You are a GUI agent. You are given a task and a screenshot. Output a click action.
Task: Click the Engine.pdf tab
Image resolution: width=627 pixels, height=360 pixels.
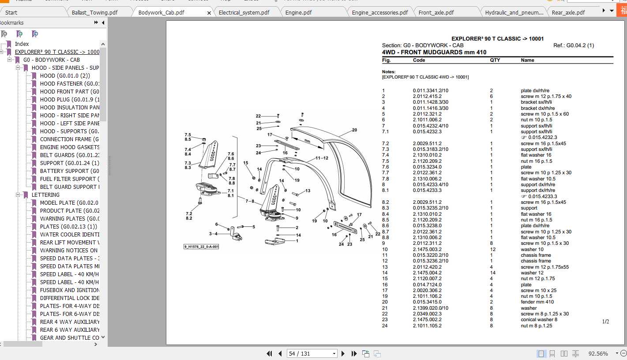(298, 12)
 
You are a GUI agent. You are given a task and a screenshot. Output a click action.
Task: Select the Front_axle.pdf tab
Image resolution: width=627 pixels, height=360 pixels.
(436, 12)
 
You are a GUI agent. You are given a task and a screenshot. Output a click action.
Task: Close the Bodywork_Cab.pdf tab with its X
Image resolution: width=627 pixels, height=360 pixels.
(209, 13)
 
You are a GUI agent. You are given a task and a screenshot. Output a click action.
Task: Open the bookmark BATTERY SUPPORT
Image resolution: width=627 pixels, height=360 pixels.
(69, 171)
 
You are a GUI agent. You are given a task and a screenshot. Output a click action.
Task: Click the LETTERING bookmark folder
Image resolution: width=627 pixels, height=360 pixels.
(45, 195)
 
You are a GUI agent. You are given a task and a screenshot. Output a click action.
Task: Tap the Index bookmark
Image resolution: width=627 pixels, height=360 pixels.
(22, 44)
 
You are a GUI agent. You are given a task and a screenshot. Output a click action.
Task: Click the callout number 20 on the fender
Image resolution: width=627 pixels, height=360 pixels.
(354, 130)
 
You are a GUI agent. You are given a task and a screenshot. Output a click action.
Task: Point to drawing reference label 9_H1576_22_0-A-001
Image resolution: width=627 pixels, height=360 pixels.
(201, 247)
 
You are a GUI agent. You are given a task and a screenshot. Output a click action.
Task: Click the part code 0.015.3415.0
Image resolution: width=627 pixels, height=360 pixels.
(427, 302)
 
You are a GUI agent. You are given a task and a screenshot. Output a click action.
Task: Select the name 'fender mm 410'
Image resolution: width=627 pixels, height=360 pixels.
(537, 302)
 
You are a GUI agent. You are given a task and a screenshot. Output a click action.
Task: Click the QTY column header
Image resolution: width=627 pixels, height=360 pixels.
(495, 60)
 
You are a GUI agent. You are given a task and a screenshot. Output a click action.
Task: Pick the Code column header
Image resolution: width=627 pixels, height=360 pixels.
(419, 60)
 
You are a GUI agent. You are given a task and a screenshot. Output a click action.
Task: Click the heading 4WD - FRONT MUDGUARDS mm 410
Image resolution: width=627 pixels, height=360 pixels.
(434, 52)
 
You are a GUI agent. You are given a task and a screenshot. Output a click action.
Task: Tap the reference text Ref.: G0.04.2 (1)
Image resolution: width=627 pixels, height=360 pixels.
(573, 45)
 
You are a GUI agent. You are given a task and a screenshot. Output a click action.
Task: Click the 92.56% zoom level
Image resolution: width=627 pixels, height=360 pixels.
(598, 353)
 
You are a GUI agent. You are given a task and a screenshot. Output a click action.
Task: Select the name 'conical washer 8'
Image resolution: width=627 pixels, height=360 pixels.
(539, 320)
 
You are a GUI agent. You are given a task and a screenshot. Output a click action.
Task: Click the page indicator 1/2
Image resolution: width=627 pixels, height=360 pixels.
(605, 322)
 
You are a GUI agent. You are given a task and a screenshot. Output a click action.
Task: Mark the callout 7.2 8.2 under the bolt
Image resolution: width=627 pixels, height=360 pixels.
(189, 216)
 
